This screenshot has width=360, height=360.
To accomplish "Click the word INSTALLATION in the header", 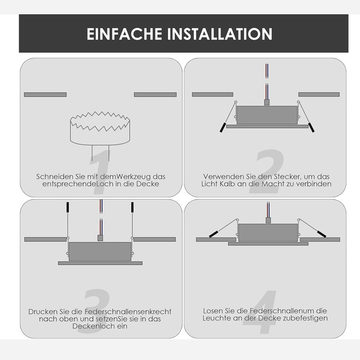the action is coord(219,34).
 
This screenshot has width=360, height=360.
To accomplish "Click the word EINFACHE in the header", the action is coord(124,34).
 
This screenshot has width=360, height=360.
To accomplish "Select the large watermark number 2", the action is coord(267,171).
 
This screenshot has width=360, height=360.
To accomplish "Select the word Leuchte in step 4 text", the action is coord(216,318).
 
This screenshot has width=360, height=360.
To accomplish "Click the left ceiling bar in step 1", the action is coord(45,95).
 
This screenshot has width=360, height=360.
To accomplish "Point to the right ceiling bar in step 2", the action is coord(319,95).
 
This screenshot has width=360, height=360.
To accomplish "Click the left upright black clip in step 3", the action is coord(68,207).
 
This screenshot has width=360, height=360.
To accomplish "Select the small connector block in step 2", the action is coord(266,102).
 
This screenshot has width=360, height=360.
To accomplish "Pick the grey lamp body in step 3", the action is coord(100,252).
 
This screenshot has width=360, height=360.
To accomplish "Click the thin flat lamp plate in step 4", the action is coord(268,244).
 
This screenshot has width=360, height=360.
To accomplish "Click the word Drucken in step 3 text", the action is coord(43,312).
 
